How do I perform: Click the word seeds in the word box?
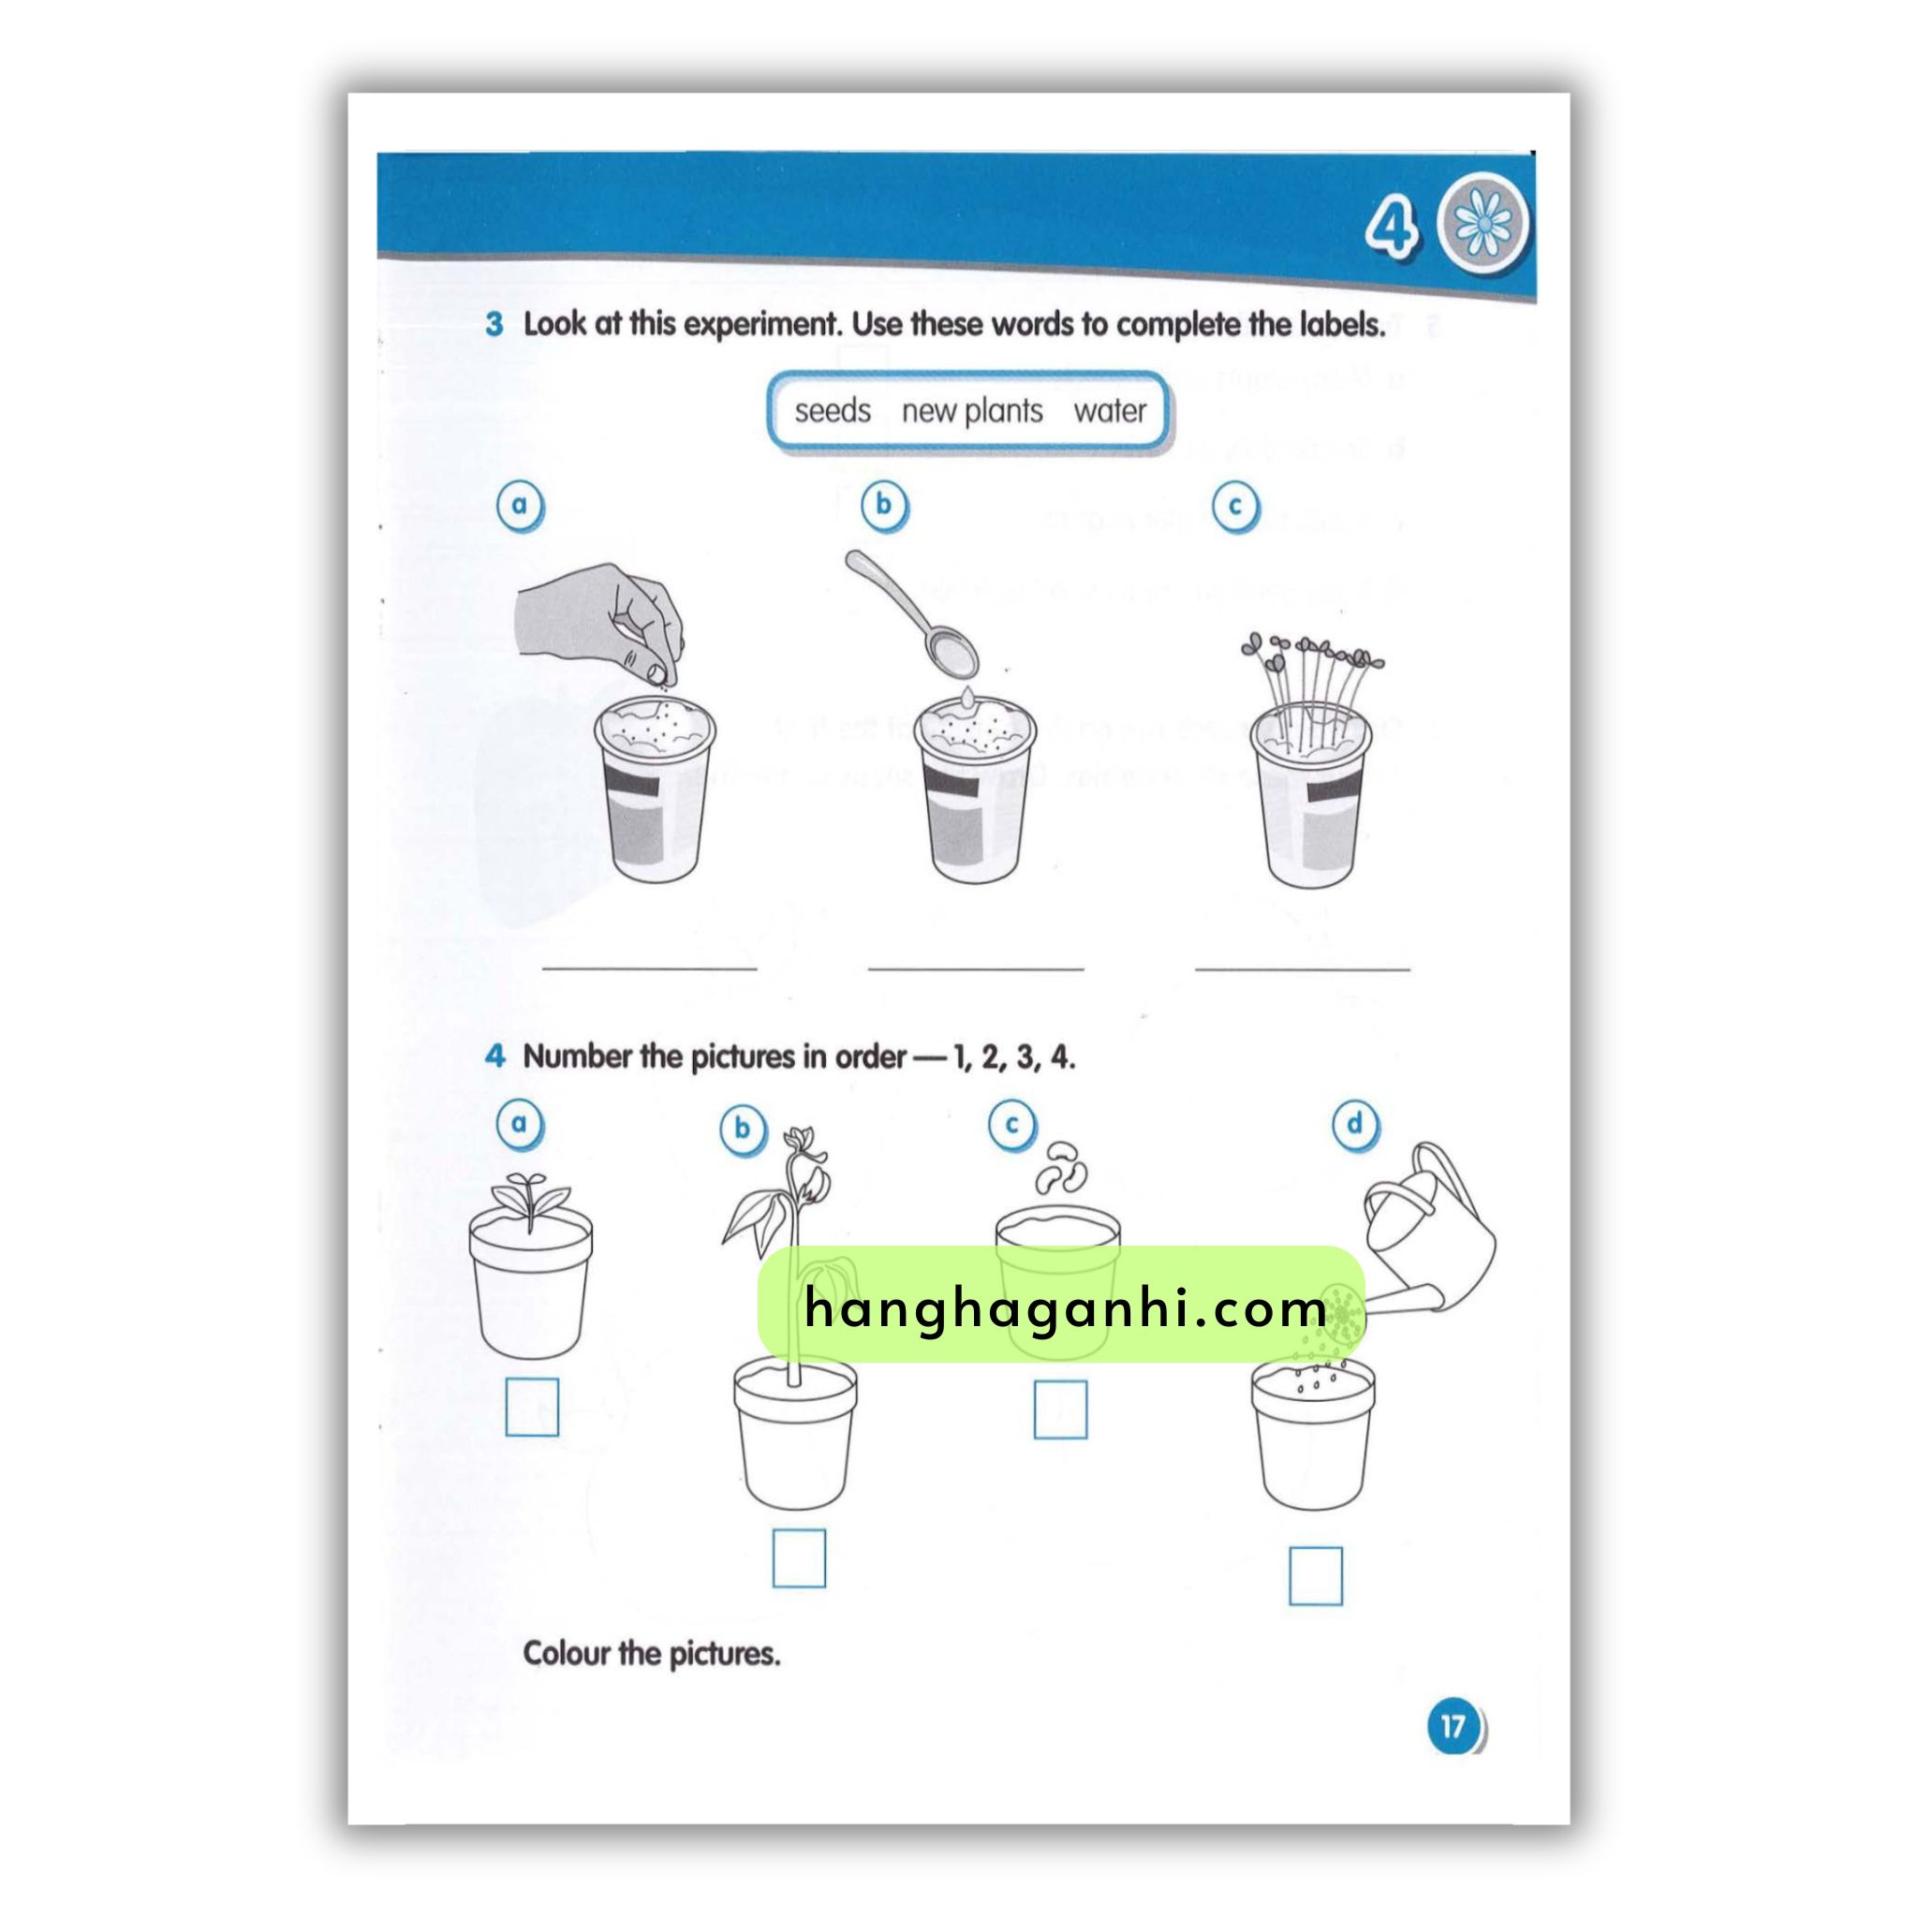[x=832, y=411]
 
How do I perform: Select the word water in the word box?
[x=1110, y=411]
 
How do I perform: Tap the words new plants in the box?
[x=972, y=412]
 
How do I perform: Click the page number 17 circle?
[x=1454, y=1754]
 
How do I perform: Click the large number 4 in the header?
[x=1392, y=228]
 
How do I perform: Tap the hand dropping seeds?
[x=600, y=625]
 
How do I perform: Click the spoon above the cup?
[x=911, y=613]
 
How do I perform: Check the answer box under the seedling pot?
[x=532, y=1407]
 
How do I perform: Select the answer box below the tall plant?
[x=799, y=1557]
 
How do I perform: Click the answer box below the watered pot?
[x=1316, y=1575]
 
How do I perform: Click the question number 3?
[x=494, y=325]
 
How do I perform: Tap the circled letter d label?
[x=1354, y=1125]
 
